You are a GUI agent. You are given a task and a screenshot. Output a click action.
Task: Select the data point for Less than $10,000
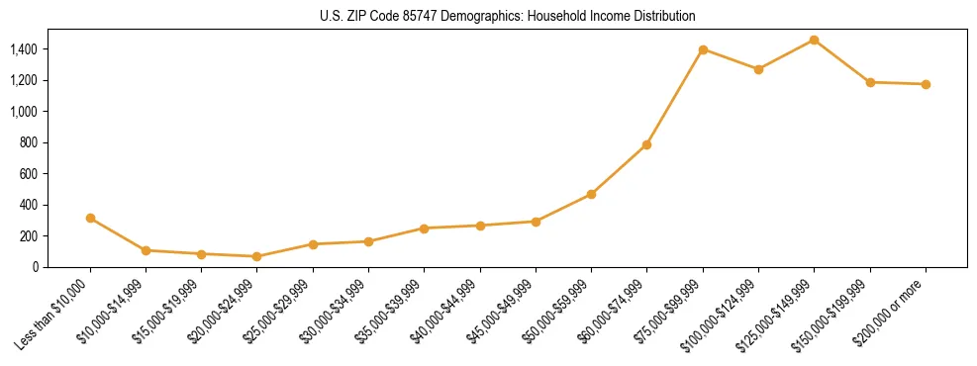click(x=91, y=218)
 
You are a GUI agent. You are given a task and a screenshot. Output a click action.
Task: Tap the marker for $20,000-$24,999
click(x=257, y=256)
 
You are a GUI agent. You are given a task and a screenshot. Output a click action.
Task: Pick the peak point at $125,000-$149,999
click(x=814, y=40)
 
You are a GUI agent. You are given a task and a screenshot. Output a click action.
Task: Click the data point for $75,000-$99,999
click(x=703, y=49)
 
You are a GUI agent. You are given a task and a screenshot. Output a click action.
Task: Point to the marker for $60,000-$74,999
click(x=646, y=144)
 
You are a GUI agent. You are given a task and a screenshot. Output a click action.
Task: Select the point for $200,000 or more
click(x=926, y=84)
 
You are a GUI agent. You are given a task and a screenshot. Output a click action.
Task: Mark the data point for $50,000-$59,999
click(x=591, y=194)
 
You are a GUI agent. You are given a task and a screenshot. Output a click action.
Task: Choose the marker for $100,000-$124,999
click(x=758, y=69)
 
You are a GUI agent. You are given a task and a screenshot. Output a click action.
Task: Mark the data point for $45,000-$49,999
click(x=536, y=222)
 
